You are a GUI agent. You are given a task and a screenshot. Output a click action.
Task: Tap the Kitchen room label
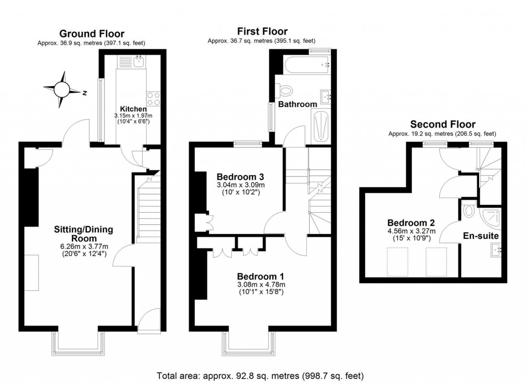click(133, 109)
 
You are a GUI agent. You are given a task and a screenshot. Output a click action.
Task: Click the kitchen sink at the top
click(139, 62)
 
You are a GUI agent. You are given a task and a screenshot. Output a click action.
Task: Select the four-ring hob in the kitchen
click(154, 98)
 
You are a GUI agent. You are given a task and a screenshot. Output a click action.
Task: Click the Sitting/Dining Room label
click(84, 234)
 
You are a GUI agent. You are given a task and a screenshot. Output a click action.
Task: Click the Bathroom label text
click(297, 104)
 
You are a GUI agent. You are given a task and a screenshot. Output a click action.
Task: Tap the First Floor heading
click(262, 32)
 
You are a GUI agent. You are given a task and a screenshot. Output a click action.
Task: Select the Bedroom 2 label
click(411, 223)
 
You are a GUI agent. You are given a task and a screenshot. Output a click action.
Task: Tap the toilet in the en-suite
click(468, 210)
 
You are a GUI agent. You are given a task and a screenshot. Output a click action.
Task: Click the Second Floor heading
click(442, 124)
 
